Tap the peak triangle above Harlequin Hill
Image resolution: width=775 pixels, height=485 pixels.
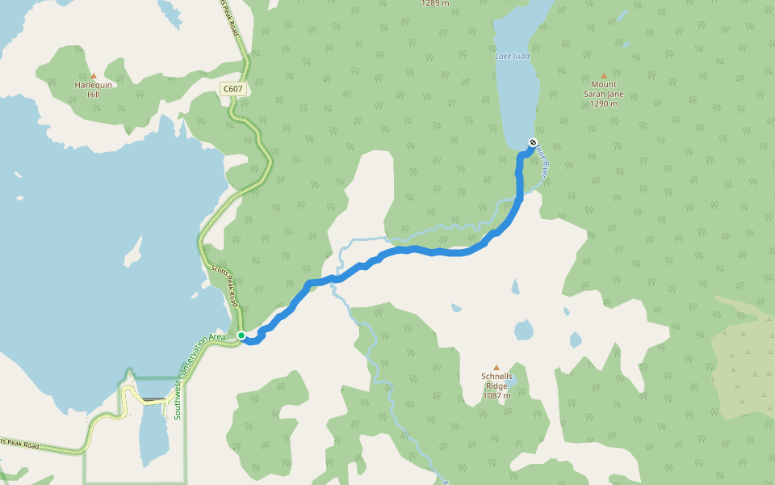click(x=93, y=76)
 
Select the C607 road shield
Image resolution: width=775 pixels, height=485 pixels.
click(x=232, y=88)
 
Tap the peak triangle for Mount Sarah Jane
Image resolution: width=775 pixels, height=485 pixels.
click(x=603, y=75)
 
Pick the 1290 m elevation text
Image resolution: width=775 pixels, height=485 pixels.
click(x=603, y=103)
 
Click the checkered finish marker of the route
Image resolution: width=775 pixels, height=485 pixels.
click(x=532, y=143)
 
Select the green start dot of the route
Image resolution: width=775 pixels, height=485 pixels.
click(x=241, y=335)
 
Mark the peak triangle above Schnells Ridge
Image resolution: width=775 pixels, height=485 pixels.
click(x=496, y=367)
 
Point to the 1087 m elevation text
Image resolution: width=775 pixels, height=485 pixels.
click(x=496, y=395)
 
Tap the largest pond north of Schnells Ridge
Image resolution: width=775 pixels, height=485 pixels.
click(x=523, y=330)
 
